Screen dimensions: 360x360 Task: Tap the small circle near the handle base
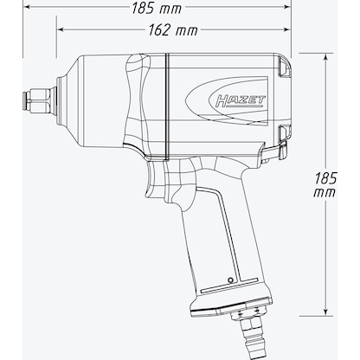[x=228, y=280]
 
